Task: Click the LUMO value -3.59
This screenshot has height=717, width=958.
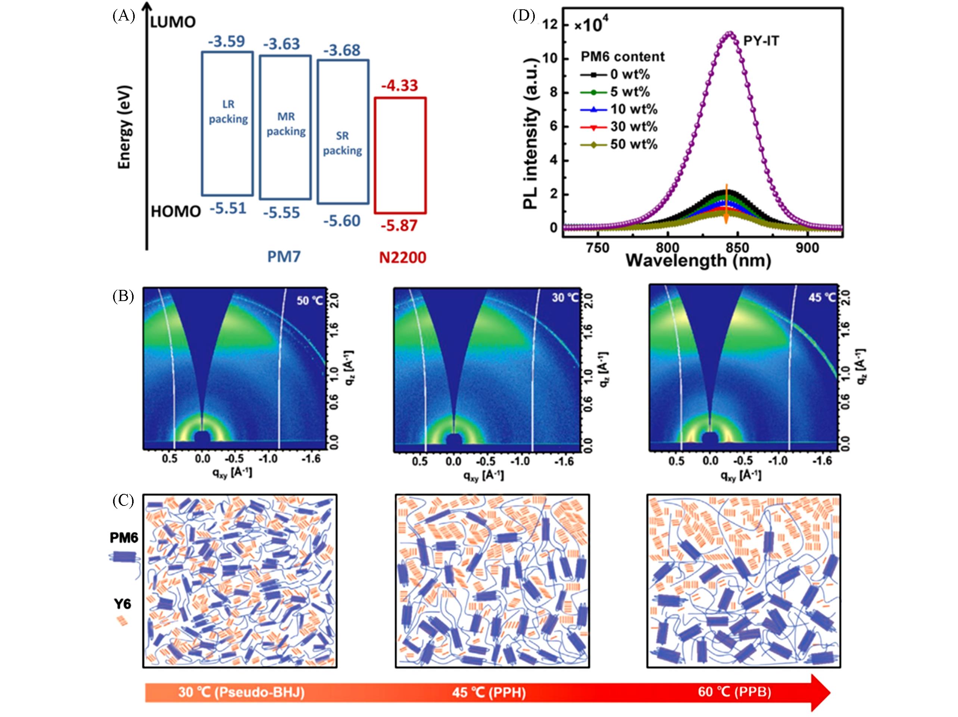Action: pos(227,41)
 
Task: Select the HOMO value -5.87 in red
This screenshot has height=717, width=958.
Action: pos(399,226)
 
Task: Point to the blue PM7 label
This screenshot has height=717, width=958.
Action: pos(284,257)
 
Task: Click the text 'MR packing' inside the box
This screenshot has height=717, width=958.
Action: pos(286,124)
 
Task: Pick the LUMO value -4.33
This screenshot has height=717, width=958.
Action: pos(399,85)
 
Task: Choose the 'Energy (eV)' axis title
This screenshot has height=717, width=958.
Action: pos(125,127)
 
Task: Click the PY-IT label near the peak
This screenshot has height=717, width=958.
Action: pos(761,41)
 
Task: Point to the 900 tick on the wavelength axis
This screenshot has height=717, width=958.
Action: pos(808,248)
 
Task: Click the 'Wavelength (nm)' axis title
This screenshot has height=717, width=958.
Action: pos(698,261)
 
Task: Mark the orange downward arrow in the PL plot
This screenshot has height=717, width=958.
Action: pos(727,203)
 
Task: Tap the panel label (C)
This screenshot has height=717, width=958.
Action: pos(124,501)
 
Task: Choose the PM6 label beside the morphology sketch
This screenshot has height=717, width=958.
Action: pos(124,538)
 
